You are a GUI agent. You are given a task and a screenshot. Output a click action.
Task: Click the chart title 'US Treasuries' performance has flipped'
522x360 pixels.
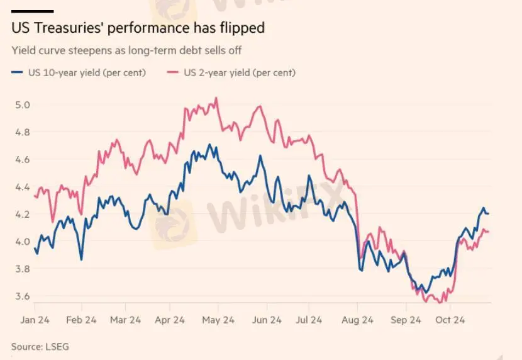coord(138,28)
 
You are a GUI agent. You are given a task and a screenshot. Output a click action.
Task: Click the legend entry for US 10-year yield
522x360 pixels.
coord(79,72)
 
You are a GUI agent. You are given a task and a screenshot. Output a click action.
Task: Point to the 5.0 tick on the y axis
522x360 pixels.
coord(23,104)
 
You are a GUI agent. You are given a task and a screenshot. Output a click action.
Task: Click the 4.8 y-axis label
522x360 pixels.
coord(23,132)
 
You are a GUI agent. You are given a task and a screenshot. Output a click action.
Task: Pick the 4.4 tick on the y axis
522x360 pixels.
coord(23,187)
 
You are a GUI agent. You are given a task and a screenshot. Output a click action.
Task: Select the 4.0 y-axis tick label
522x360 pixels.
coord(23,242)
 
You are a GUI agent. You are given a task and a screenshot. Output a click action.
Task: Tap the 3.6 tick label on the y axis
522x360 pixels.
coord(23,296)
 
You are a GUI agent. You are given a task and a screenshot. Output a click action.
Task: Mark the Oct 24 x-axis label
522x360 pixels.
coord(450,320)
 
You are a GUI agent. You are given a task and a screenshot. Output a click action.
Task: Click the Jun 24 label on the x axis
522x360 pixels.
coord(267,320)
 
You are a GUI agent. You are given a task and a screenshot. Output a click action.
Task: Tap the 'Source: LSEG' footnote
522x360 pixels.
coord(37,346)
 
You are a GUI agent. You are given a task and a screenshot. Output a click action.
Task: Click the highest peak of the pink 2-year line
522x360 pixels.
coord(216,98)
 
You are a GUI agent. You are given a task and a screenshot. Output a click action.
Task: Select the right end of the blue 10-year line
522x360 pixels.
coord(489,214)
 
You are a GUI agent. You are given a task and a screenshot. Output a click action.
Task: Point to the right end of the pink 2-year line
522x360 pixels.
coord(489,232)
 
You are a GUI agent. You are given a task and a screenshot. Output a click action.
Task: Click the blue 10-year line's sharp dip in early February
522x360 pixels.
coord(81,259)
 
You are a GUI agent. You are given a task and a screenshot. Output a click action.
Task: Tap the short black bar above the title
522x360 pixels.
coord(32,11)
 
